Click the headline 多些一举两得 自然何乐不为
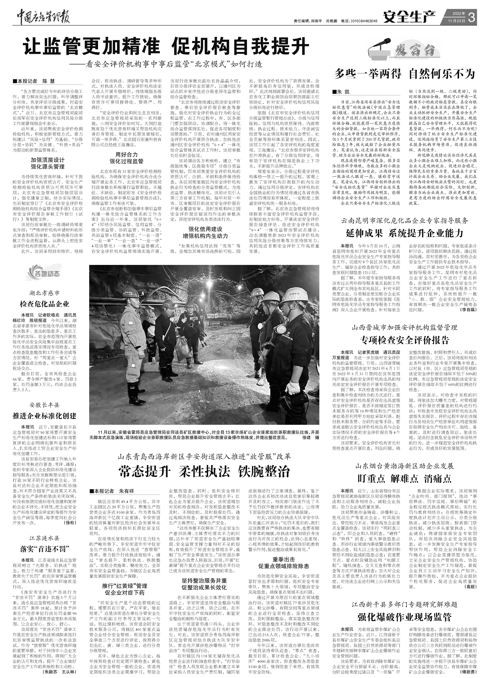(x=405, y=74)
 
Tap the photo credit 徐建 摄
(x=311, y=437)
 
